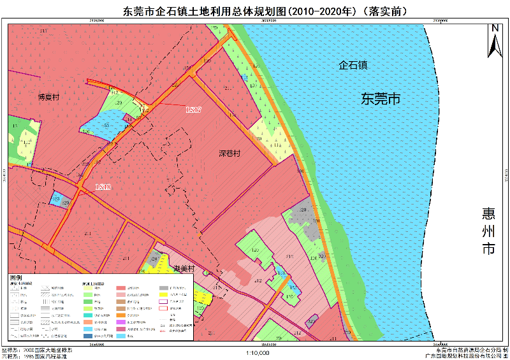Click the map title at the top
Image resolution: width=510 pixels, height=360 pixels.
(x=255, y=11)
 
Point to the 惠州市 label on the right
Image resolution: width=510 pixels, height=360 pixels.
(x=488, y=229)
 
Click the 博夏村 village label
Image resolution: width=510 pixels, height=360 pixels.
(x=48, y=97)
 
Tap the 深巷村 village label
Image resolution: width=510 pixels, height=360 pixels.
(x=229, y=154)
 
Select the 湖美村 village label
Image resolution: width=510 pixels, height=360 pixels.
(x=183, y=268)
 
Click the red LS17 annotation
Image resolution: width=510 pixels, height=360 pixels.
(x=193, y=110)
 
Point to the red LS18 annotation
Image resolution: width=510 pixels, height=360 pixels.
(x=102, y=187)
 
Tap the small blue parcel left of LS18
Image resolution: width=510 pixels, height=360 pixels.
(x=58, y=199)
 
